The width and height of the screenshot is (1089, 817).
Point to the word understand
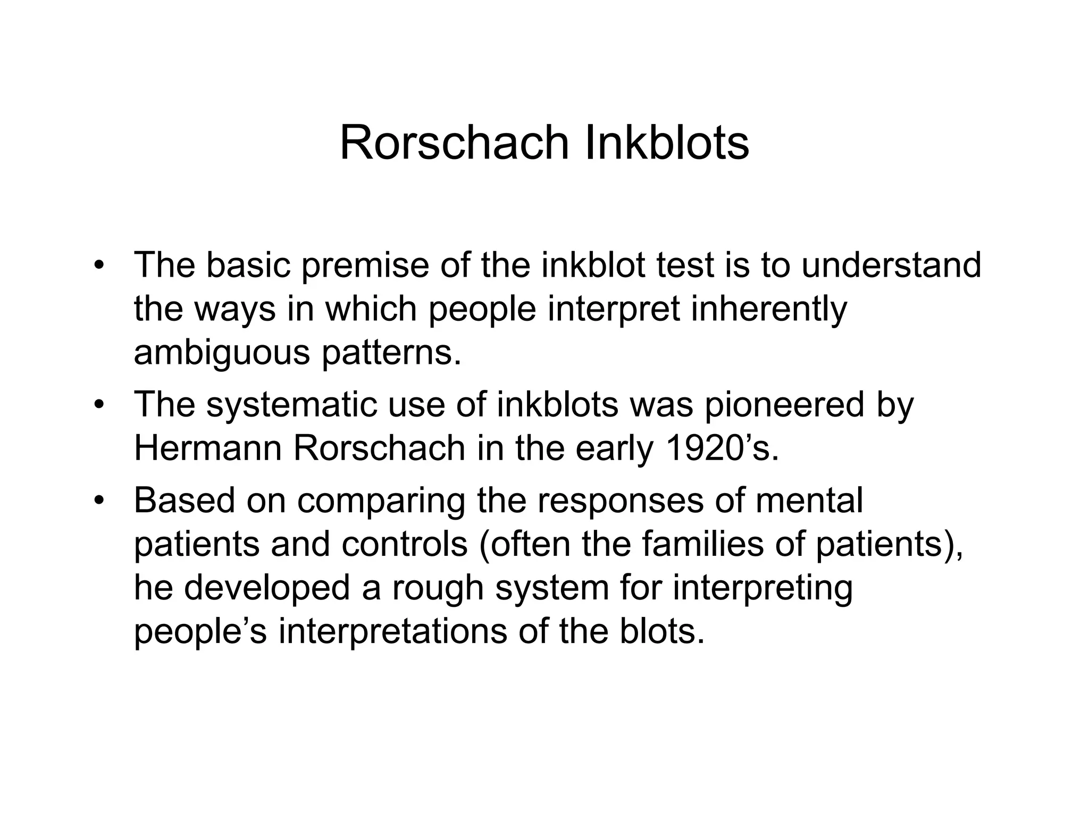coord(891,265)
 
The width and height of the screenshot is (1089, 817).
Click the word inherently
coord(769,310)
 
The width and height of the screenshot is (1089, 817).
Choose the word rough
coord(438,588)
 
